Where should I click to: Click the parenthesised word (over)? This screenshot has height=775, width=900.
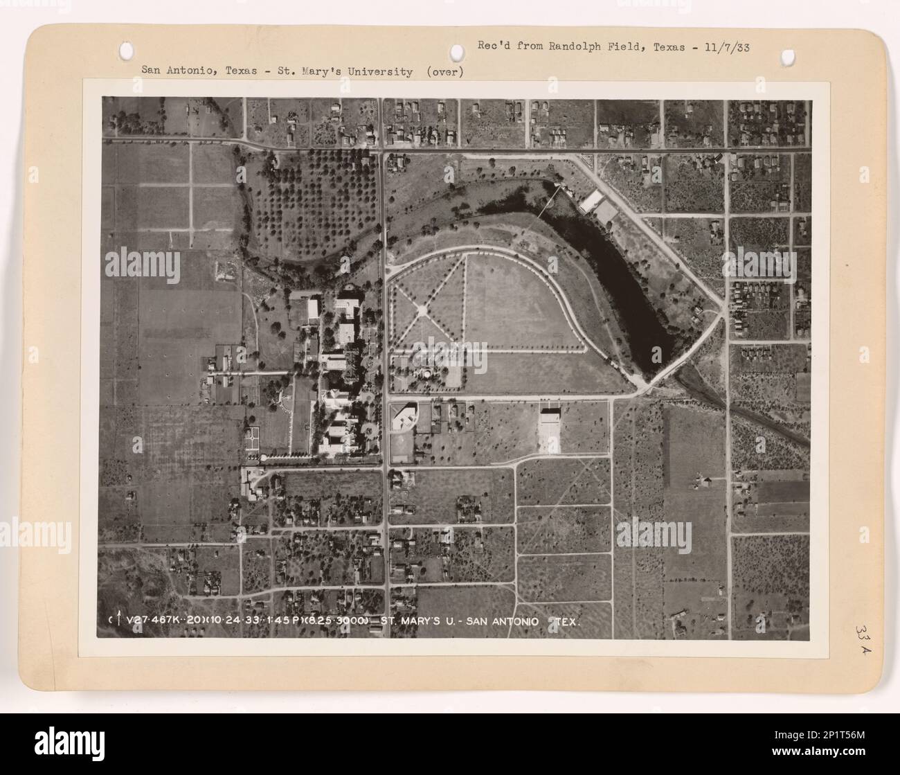444,71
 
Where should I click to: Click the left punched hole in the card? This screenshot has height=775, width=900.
127,50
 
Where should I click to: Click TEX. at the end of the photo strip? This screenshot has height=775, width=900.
567,621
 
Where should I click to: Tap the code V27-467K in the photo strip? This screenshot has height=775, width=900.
156,621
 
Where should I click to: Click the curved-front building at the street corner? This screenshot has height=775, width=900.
402,418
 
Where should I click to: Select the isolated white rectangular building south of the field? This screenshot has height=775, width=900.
549,430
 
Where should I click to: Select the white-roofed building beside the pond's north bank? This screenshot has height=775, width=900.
592,202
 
